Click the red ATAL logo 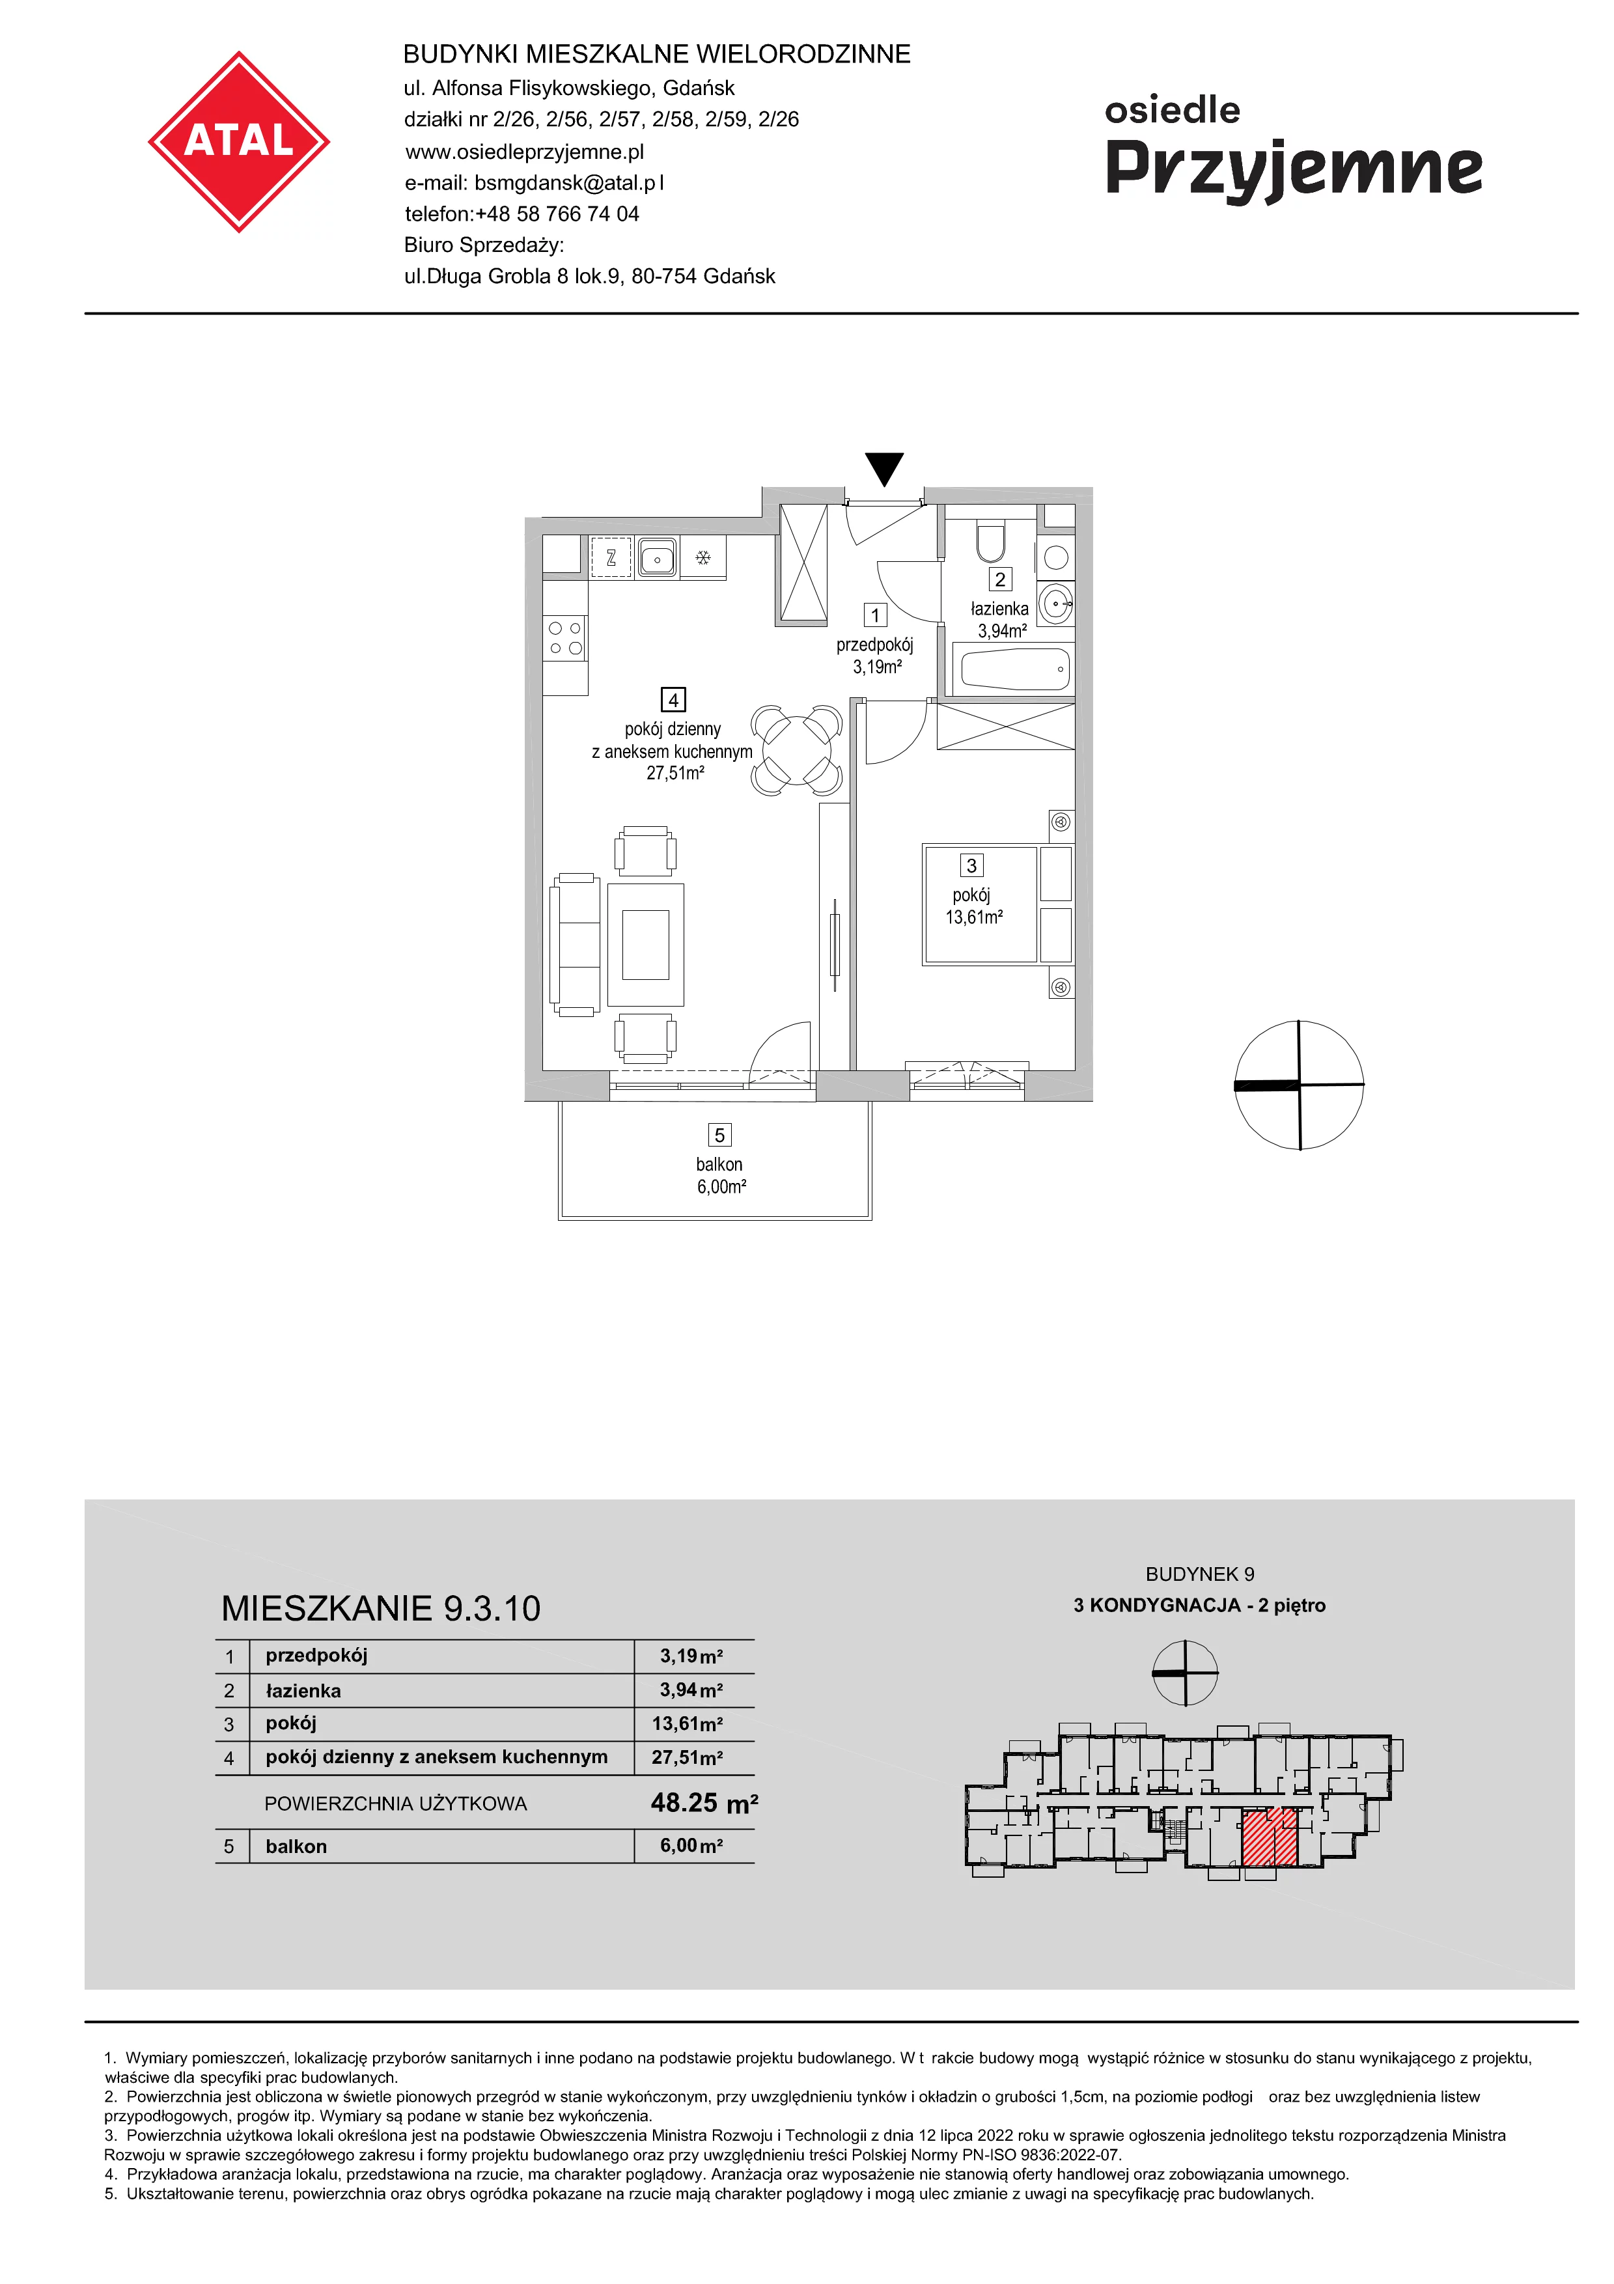coord(239,142)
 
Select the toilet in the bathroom coord(990,542)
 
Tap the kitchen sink coord(658,557)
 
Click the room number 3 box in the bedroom coord(971,865)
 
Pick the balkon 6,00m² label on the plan coord(721,1175)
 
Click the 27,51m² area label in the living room coord(675,773)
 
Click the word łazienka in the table coord(303,1690)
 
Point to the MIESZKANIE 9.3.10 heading coord(381,1609)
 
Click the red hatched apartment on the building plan coord(1270,1839)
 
